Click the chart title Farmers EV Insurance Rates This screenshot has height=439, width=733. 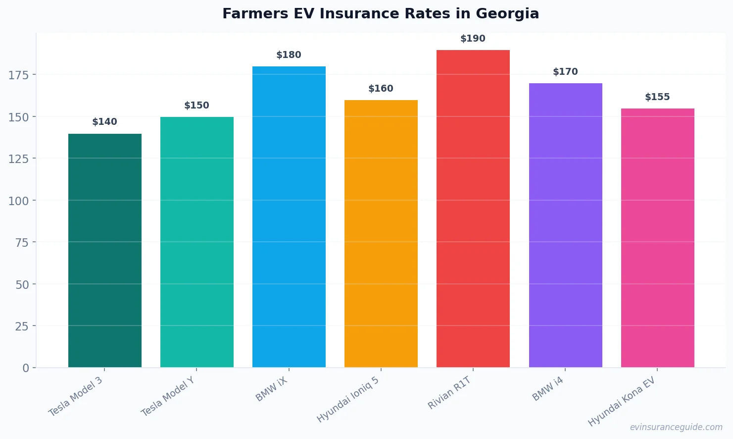(x=380, y=14)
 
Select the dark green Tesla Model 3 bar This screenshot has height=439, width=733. (x=105, y=250)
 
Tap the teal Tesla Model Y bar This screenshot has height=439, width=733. (x=197, y=242)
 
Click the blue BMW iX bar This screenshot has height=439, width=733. (x=289, y=217)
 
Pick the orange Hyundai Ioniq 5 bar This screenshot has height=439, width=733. (x=381, y=233)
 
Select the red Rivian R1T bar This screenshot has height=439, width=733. (x=473, y=208)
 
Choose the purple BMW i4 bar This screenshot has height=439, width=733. (x=565, y=225)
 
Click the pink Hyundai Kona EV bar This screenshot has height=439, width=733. (x=657, y=238)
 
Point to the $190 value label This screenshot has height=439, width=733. (x=473, y=39)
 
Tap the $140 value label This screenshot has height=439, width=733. (x=104, y=122)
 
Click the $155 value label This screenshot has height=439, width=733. (x=657, y=97)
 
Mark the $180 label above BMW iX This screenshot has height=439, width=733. (x=289, y=55)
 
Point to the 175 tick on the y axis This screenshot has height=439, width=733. (x=19, y=75)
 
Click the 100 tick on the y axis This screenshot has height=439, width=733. (x=19, y=201)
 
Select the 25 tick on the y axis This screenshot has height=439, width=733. (x=22, y=326)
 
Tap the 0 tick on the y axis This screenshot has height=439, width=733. (x=26, y=368)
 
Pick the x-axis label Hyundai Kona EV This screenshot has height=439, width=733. (x=622, y=401)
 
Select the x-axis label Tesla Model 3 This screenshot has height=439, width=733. (x=76, y=396)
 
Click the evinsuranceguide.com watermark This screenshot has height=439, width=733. (x=676, y=427)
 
